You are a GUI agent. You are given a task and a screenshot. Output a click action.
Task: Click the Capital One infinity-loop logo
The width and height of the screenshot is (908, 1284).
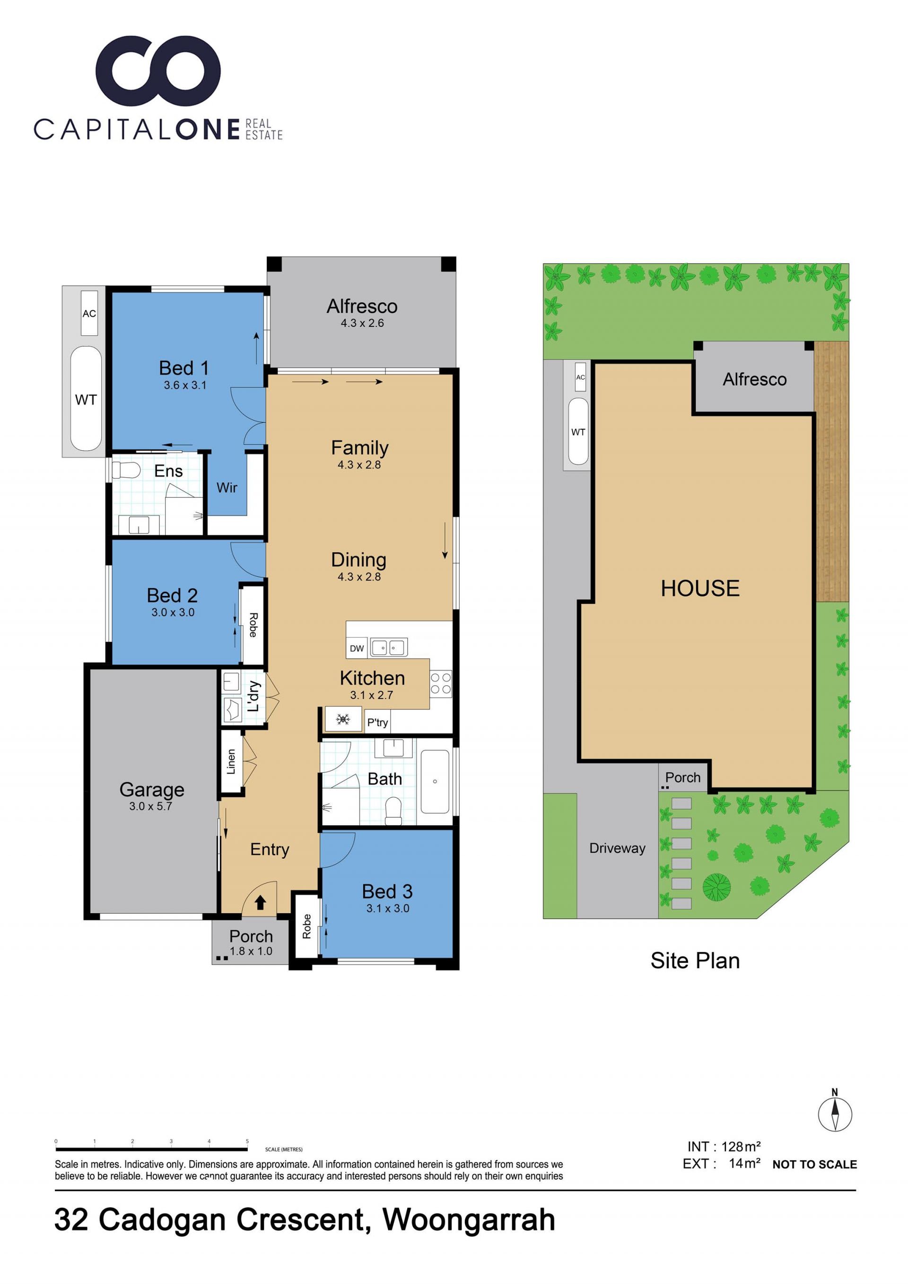(158, 71)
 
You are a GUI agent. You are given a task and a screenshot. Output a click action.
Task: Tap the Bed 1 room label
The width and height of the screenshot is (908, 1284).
(184, 368)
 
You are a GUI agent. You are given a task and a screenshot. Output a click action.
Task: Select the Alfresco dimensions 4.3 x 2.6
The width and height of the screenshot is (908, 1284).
(362, 323)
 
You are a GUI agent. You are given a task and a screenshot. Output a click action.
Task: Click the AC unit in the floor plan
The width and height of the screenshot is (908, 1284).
(89, 313)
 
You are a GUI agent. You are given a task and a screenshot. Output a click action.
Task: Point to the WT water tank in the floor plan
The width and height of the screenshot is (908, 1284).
(86, 399)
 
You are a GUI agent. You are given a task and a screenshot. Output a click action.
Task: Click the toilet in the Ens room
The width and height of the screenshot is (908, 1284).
(125, 470)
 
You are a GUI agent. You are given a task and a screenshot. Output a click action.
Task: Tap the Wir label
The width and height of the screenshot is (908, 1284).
(227, 488)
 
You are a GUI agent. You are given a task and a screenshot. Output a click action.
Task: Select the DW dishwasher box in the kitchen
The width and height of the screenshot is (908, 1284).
(357, 648)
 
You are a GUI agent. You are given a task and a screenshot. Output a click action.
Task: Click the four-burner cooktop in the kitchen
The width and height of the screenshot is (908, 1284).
(441, 683)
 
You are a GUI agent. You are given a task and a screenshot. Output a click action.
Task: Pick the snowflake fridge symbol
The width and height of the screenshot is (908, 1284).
(343, 719)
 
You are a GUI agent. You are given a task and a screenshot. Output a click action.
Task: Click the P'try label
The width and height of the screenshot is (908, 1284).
(377, 723)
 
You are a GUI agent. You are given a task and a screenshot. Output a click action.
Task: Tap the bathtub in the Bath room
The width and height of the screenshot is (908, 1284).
(435, 781)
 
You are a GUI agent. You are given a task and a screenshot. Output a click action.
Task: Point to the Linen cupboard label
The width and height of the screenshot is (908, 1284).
(231, 762)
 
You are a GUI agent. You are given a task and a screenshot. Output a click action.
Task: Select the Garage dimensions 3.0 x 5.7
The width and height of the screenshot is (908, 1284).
(150, 806)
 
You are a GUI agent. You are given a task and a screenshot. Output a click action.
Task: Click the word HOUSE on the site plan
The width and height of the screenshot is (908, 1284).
(700, 588)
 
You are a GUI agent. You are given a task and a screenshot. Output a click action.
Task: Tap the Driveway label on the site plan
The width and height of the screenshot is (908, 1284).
(617, 848)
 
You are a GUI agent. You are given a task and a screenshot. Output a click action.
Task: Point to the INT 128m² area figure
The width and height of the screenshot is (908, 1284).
(724, 1146)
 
